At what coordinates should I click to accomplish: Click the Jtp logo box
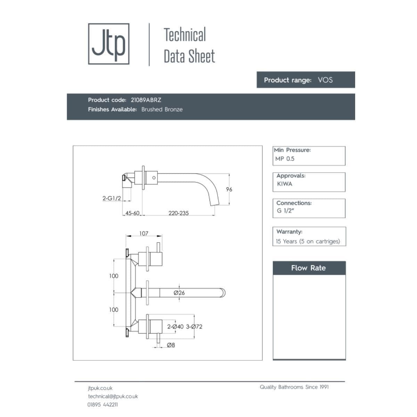click(109, 44)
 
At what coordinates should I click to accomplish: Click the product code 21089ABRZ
click(146, 100)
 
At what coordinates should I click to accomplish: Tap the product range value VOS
click(325, 80)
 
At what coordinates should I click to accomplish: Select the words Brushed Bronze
click(162, 109)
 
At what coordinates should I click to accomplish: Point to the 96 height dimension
click(229, 189)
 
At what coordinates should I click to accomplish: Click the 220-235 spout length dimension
click(179, 213)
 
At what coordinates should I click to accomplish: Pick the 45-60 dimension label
click(132, 213)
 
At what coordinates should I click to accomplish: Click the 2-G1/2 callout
click(112, 198)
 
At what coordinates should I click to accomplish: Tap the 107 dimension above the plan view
click(144, 234)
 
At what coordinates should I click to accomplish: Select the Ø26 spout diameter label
click(179, 293)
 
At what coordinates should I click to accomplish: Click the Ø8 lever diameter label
click(171, 345)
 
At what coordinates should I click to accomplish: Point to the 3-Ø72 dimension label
click(194, 327)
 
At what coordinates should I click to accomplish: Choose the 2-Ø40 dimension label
click(175, 327)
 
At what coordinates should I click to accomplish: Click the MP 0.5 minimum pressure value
click(285, 159)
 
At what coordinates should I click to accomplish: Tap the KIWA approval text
click(285, 184)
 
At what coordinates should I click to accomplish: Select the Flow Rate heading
click(309, 268)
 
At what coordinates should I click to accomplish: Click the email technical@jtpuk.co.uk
click(113, 396)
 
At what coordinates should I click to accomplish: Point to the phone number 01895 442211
click(103, 404)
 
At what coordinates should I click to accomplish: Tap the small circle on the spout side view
click(154, 178)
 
